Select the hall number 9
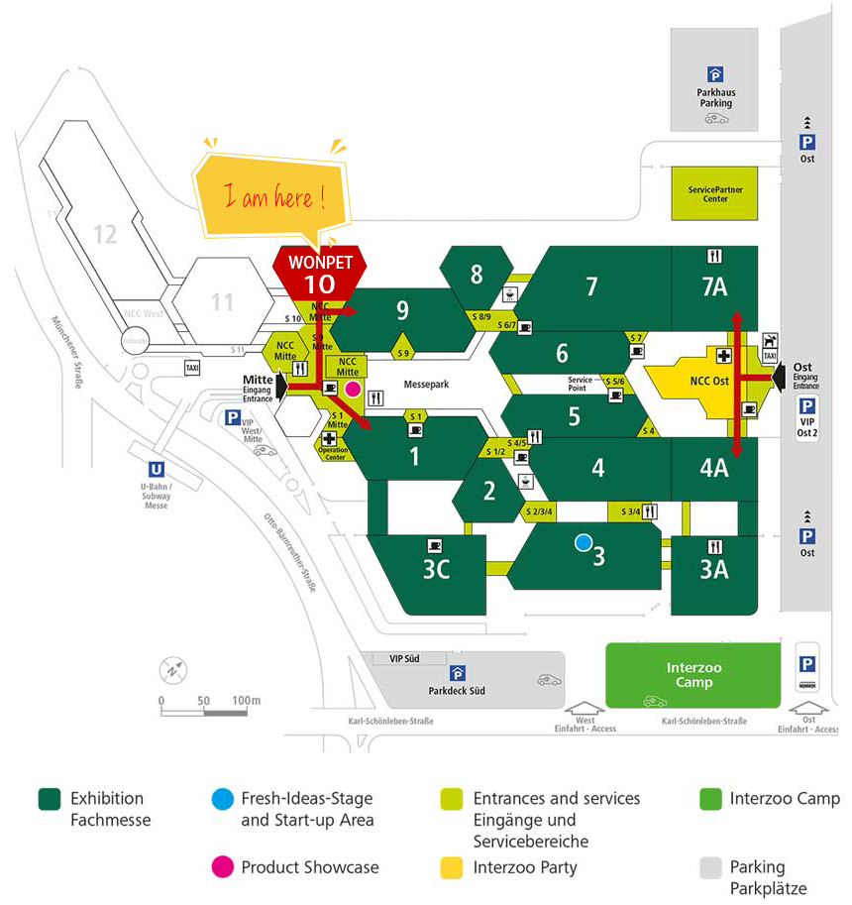[402, 310]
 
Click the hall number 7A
[713, 286]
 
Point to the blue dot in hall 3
[584, 542]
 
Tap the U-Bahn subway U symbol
[156, 471]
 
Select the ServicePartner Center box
[714, 193]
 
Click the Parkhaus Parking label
[714, 97]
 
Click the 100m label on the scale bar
[246, 701]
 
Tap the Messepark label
[428, 384]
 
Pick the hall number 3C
[436, 570]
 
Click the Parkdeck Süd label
[457, 690]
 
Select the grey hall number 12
[105, 234]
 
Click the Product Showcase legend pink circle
[223, 867]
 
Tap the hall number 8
[477, 274]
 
